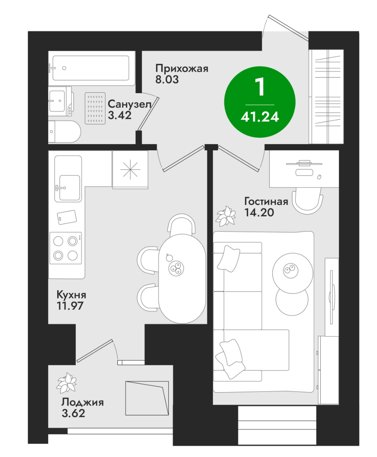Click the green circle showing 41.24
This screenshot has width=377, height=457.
click(x=260, y=102)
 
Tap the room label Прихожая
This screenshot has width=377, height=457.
click(x=182, y=68)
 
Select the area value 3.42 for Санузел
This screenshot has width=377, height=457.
click(x=120, y=115)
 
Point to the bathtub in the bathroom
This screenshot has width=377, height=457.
click(x=91, y=68)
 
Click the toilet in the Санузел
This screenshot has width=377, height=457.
click(x=64, y=132)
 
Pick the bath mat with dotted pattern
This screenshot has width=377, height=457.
click(x=95, y=108)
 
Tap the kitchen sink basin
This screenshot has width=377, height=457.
click(x=69, y=188)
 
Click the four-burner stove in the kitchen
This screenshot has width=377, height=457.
click(x=66, y=248)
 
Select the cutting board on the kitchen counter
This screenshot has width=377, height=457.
click(x=67, y=217)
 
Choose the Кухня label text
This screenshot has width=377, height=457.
click(x=71, y=295)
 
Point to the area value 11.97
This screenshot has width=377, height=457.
click(x=70, y=306)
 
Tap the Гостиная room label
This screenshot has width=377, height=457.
click(x=266, y=201)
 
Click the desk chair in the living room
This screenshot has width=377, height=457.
click(x=307, y=201)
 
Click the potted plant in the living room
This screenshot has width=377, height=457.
click(x=226, y=216)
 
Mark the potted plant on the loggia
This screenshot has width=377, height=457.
click(x=66, y=382)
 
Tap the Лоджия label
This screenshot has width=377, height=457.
click(x=82, y=402)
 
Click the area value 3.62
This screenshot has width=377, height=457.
click(x=73, y=413)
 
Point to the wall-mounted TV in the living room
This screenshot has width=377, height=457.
click(x=331, y=297)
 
